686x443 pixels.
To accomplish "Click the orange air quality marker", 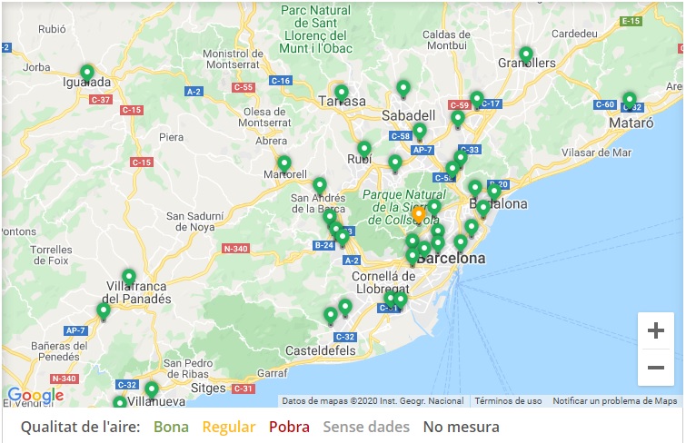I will coord(419,215).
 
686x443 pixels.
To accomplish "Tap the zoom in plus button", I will coord(655,331).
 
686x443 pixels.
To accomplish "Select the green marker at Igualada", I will coord(87,73).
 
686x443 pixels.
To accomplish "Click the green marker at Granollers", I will coord(525,54).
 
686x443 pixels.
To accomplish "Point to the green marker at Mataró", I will coord(629,100).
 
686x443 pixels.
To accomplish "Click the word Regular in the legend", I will coord(228,427).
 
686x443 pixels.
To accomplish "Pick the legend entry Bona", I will coord(172,427).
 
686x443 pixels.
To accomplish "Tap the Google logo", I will coord(35,395).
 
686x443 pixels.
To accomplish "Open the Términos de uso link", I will coord(508,401).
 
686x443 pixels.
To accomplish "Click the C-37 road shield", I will coord(101,99).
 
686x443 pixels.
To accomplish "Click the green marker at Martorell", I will coord(284,164).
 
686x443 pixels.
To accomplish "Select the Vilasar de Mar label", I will coord(597,153).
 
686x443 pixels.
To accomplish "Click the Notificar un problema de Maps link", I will coord(615,401).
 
